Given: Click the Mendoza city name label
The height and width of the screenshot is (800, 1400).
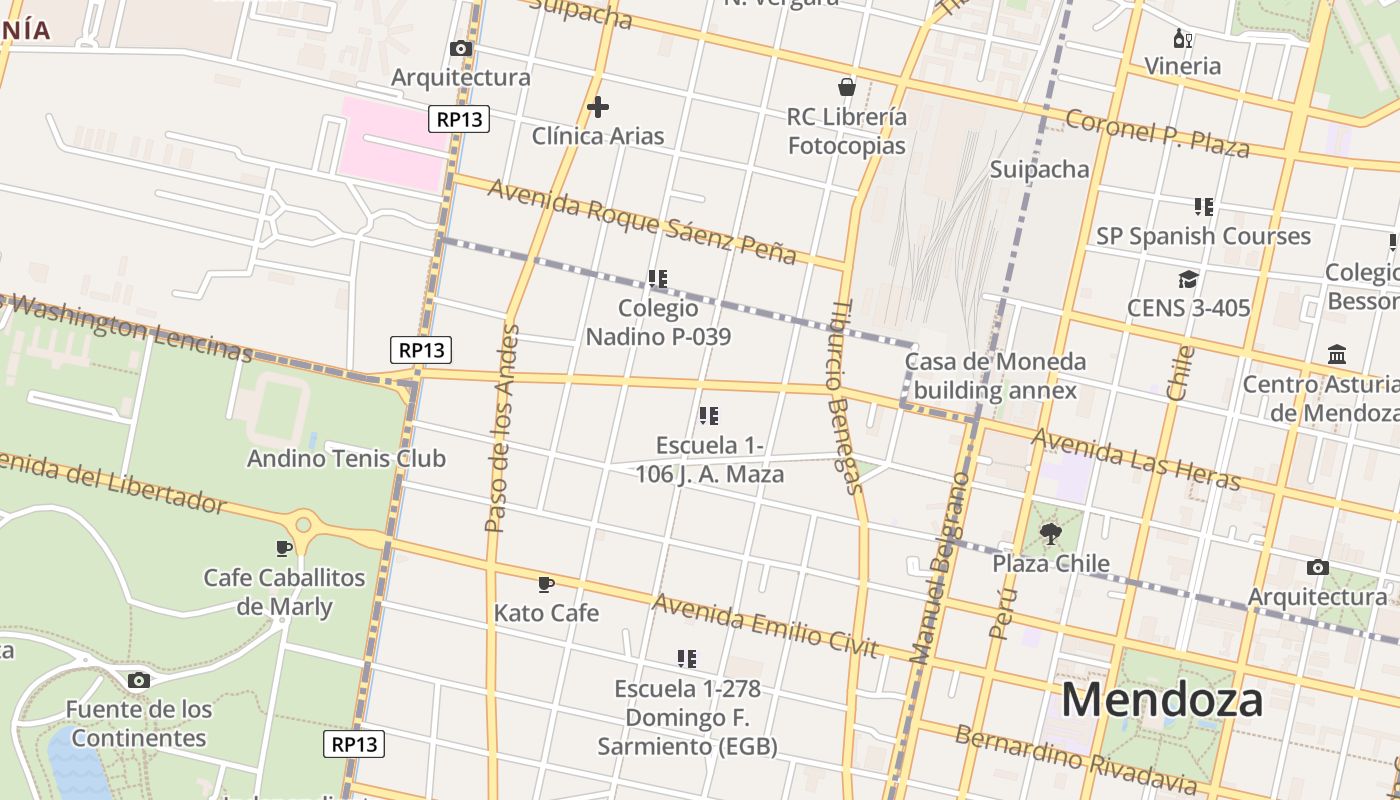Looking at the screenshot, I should click(x=1162, y=699).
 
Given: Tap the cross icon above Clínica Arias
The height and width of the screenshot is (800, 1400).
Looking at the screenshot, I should click(x=598, y=107).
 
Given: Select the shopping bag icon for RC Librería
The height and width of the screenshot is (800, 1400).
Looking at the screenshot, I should click(x=847, y=87).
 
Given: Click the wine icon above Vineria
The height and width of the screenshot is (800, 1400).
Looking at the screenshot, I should click(x=1183, y=39).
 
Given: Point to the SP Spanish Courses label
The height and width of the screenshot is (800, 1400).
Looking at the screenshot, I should click(x=1203, y=236).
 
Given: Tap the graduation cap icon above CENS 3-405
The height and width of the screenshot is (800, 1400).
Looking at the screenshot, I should click(x=1188, y=279).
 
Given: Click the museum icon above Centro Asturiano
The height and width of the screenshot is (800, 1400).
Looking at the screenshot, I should click(x=1337, y=355).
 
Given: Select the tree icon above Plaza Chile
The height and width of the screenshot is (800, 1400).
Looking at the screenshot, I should click(x=1050, y=534).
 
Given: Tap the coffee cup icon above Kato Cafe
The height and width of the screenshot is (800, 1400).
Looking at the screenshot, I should click(x=545, y=584).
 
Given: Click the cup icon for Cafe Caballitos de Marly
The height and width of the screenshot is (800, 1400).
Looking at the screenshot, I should click(x=284, y=548).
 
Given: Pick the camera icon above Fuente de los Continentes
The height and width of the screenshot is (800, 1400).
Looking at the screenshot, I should click(x=139, y=681).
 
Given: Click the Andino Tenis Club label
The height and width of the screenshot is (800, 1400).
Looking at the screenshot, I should click(x=346, y=459).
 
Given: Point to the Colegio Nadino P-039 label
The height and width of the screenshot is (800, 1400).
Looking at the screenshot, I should click(x=658, y=322).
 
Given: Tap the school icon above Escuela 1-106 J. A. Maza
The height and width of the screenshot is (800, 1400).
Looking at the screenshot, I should click(x=709, y=416).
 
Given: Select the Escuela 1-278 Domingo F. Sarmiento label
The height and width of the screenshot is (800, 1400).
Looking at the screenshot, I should click(x=687, y=717).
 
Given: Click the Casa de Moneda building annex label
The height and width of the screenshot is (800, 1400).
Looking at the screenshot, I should click(x=995, y=375).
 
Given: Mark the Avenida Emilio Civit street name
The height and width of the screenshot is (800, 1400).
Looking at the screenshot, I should click(x=765, y=625).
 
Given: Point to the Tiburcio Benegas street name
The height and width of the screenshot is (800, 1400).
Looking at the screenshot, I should click(x=845, y=397).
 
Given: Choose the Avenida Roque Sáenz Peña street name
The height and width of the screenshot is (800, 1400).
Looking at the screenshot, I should click(x=641, y=221).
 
